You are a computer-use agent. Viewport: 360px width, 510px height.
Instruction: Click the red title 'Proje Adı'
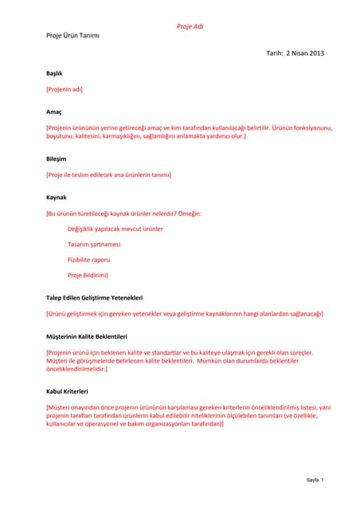(x=190, y=26)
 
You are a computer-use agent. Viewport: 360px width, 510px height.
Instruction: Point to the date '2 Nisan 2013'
(x=304, y=53)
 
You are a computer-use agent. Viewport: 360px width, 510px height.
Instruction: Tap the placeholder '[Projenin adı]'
(x=65, y=88)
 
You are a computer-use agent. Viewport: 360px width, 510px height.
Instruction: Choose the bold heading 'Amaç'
(x=54, y=112)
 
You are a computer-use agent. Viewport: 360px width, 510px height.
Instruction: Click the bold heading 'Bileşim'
(x=57, y=159)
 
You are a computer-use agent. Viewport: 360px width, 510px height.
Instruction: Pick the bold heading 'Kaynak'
(x=57, y=197)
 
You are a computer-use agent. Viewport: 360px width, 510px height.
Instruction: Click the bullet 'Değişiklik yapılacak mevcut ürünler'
(x=115, y=229)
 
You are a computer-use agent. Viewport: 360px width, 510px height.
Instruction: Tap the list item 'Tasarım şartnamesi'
(x=94, y=245)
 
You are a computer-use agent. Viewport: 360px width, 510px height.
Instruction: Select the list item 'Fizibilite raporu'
(x=89, y=260)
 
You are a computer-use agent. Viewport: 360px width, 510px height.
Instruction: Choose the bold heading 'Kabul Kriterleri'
(x=67, y=391)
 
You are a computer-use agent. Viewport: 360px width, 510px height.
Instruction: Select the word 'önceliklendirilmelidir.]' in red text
(x=76, y=369)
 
